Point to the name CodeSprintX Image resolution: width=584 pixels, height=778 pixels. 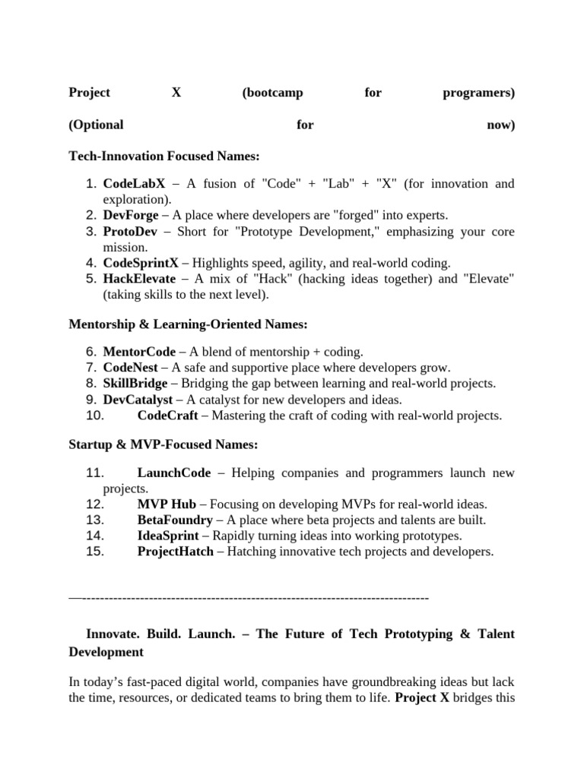coord(141,263)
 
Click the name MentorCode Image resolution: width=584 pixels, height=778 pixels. coord(139,352)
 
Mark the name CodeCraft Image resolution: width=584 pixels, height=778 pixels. coord(167,416)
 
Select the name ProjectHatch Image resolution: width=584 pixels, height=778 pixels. coord(176,552)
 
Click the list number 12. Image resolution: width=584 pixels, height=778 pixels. coord(95,504)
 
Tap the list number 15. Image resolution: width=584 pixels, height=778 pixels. coord(95,552)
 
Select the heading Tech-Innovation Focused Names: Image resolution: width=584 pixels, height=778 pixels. coord(164,156)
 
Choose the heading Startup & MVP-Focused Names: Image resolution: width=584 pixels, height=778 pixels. coord(163,444)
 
